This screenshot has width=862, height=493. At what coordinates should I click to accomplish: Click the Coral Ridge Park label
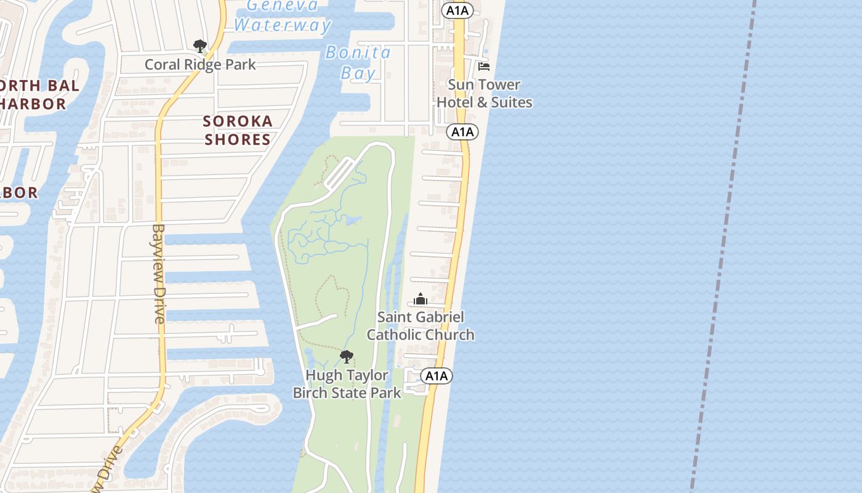[x=200, y=65]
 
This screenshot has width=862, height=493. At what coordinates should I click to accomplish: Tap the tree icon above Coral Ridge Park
[x=199, y=46]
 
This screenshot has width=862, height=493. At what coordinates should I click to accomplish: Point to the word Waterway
[x=283, y=25]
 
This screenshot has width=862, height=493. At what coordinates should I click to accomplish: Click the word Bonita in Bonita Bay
[x=358, y=53]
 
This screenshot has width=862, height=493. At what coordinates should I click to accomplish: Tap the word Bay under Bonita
[x=358, y=73]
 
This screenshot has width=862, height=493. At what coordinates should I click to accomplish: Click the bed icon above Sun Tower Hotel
[x=484, y=66]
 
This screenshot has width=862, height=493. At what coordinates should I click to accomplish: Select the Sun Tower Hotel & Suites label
[x=485, y=93]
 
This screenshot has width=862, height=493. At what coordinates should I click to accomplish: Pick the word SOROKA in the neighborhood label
[x=238, y=121]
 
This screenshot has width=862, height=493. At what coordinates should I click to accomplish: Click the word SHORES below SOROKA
[x=238, y=140]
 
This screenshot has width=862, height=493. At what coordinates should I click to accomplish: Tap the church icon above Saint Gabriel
[x=421, y=299]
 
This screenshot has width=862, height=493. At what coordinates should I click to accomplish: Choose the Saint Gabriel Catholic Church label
[x=421, y=325]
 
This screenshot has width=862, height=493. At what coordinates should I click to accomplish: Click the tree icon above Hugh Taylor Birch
[x=347, y=356]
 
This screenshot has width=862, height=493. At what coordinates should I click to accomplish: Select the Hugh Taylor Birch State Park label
[x=347, y=383]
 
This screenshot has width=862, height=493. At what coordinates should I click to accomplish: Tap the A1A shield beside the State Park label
[x=437, y=376]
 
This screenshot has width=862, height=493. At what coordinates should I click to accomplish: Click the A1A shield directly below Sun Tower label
[x=462, y=132]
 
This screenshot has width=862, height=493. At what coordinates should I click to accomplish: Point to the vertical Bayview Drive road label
[x=159, y=273]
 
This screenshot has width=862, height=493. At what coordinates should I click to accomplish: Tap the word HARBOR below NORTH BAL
[x=34, y=104]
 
